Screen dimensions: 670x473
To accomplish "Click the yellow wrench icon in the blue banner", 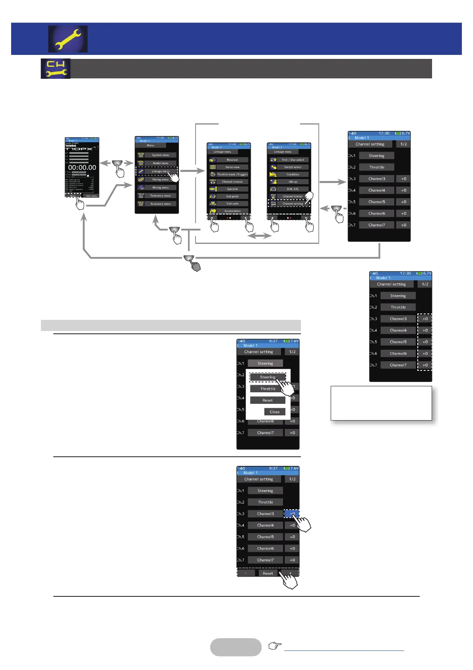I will pyautogui.click(x=68, y=39).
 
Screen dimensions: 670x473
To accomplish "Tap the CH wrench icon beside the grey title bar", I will pyautogui.click(x=56, y=68).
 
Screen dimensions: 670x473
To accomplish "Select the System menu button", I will pyautogui.click(x=160, y=155).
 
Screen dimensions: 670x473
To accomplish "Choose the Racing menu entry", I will pyautogui.click(x=160, y=179).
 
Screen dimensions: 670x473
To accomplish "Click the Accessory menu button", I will pyautogui.click(x=160, y=204).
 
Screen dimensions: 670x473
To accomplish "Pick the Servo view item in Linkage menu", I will pyautogui.click(x=232, y=167).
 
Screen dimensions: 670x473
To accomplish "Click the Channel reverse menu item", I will pyautogui.click(x=232, y=182).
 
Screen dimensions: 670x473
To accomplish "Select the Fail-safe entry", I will pyautogui.click(x=232, y=204).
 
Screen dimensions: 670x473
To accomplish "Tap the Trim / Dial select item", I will pyautogui.click(x=293, y=160).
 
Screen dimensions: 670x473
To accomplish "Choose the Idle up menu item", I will pyautogui.click(x=293, y=182).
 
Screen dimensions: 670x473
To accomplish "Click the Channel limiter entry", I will pyautogui.click(x=293, y=196).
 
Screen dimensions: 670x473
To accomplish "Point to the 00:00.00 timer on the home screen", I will pyautogui.click(x=82, y=167).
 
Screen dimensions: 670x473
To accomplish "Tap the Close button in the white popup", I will pyautogui.click(x=275, y=412).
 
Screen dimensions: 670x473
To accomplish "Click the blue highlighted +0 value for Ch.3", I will pyautogui.click(x=291, y=514).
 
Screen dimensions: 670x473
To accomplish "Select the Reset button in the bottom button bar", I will pyautogui.click(x=268, y=573).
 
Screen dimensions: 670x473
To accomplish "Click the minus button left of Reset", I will pyautogui.click(x=246, y=573).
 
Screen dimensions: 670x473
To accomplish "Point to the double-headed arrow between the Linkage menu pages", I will pyautogui.click(x=259, y=236).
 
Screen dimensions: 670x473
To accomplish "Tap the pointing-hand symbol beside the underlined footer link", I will pyautogui.click(x=275, y=646).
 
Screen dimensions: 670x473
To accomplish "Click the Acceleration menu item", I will pyautogui.click(x=232, y=211).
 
